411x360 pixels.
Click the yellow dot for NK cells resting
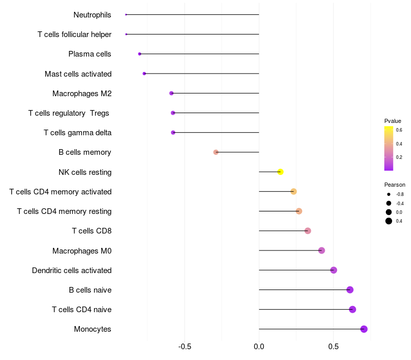point(281,172)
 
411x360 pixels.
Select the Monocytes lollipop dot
point(364,329)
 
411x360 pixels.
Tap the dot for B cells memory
point(216,152)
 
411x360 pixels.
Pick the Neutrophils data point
point(126,14)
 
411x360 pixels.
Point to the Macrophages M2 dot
point(172,93)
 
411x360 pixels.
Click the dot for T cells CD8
point(308,231)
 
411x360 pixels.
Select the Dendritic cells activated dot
point(333,270)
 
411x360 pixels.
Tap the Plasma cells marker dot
point(140,54)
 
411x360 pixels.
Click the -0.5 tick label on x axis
point(185,346)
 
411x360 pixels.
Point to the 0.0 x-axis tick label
point(259,346)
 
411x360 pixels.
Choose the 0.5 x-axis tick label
point(333,346)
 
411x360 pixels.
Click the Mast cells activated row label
point(78,74)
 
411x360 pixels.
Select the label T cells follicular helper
point(74,34)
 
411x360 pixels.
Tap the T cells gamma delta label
point(78,133)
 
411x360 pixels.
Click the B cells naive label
point(90,290)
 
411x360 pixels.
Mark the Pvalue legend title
point(393,121)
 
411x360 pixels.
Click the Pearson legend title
point(395,185)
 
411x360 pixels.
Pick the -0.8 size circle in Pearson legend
point(389,194)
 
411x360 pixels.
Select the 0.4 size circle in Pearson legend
point(389,221)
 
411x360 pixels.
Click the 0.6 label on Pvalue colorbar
point(399,130)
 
